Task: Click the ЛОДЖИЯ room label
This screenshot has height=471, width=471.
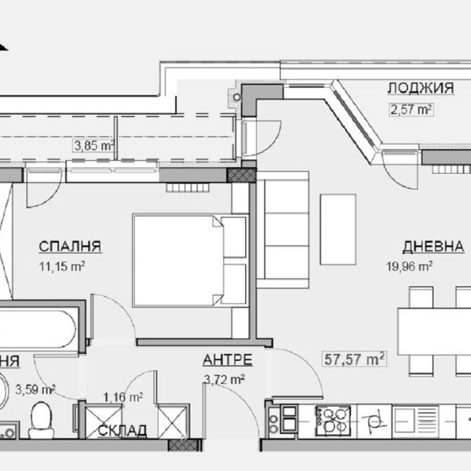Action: (x=420, y=89)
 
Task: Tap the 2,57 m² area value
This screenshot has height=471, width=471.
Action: (x=410, y=109)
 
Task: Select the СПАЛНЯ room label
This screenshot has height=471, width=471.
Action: (x=69, y=246)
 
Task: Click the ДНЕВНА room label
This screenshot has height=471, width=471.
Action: (x=434, y=246)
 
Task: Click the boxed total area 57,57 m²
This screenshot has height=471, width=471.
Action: (x=354, y=360)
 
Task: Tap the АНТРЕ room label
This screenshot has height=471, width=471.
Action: (x=227, y=360)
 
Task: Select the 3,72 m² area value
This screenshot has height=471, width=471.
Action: (x=225, y=380)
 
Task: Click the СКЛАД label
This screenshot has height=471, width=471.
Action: (x=122, y=431)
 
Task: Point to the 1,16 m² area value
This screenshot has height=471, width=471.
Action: (x=123, y=397)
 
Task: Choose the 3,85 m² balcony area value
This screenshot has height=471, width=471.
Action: (x=94, y=145)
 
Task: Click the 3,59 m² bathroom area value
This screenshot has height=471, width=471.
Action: (x=39, y=389)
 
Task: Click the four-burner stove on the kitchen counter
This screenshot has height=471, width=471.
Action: (x=332, y=418)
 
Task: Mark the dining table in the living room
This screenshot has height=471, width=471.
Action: (x=434, y=332)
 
